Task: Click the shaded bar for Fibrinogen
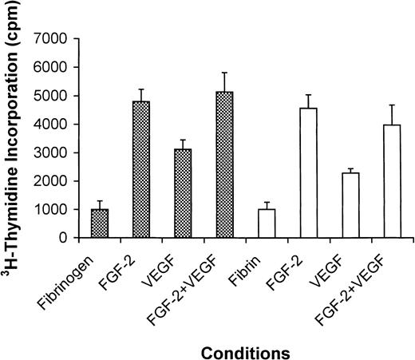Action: click(x=100, y=224)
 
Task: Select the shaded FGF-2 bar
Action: click(x=140, y=169)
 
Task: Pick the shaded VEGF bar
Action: click(x=182, y=193)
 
